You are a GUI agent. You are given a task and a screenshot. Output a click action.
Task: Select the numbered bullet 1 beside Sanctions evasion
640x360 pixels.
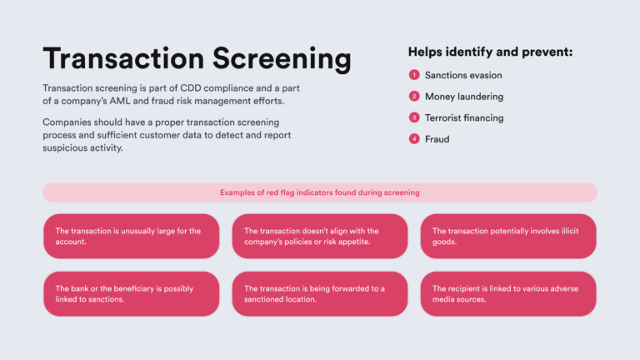414,75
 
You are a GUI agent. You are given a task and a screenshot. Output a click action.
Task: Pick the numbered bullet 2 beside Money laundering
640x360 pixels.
414,97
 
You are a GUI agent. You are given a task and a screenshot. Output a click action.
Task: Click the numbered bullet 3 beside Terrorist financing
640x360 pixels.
414,118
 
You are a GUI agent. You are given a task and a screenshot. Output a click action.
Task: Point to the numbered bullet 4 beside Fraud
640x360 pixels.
414,139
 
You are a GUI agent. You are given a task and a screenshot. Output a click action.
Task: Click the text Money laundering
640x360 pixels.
464,97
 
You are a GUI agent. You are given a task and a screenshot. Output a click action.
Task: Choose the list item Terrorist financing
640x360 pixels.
464,118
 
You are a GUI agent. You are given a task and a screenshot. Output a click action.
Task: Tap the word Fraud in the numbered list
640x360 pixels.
437,139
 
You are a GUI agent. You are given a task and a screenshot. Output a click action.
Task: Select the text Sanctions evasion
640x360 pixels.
463,75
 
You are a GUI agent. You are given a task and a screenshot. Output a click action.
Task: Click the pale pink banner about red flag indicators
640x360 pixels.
320,192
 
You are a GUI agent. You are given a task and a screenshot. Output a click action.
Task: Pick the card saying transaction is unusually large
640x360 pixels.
132,236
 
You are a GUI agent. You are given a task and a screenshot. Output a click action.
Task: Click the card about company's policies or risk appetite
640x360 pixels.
320,236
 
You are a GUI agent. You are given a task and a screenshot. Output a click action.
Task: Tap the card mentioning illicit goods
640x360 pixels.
508,236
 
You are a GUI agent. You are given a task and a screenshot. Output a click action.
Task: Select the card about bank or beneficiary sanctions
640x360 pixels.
132,293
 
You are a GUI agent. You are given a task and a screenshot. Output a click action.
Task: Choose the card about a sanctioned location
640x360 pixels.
320,293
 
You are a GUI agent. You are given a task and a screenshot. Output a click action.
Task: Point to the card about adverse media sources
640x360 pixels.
508,293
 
